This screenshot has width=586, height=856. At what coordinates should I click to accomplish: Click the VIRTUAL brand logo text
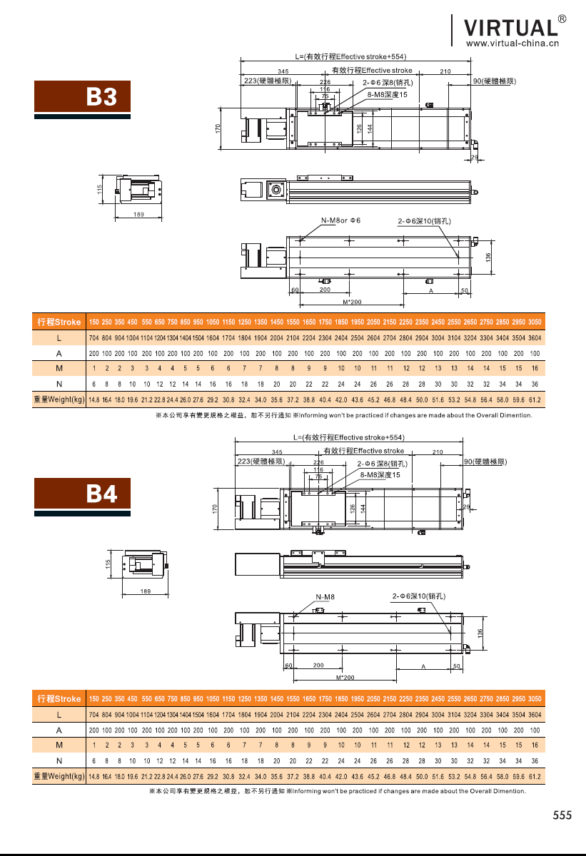(510, 27)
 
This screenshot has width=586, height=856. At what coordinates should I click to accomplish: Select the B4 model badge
(84, 493)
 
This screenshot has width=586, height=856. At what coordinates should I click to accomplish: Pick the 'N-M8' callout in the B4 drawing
(325, 596)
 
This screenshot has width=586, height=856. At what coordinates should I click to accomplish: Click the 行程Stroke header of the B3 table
(59, 322)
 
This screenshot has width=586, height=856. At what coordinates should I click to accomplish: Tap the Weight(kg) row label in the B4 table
(59, 776)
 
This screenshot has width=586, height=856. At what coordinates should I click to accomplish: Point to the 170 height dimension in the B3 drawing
(218, 128)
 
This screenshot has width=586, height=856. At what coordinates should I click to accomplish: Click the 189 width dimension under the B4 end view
(145, 591)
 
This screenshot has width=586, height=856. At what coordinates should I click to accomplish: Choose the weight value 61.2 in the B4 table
(535, 776)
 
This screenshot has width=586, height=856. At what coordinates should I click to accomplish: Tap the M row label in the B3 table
(59, 369)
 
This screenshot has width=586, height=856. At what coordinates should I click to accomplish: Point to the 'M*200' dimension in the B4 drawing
(345, 677)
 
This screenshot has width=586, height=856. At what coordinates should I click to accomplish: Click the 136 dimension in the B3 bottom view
(488, 257)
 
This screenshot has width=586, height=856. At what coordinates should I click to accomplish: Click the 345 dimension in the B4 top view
(277, 452)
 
